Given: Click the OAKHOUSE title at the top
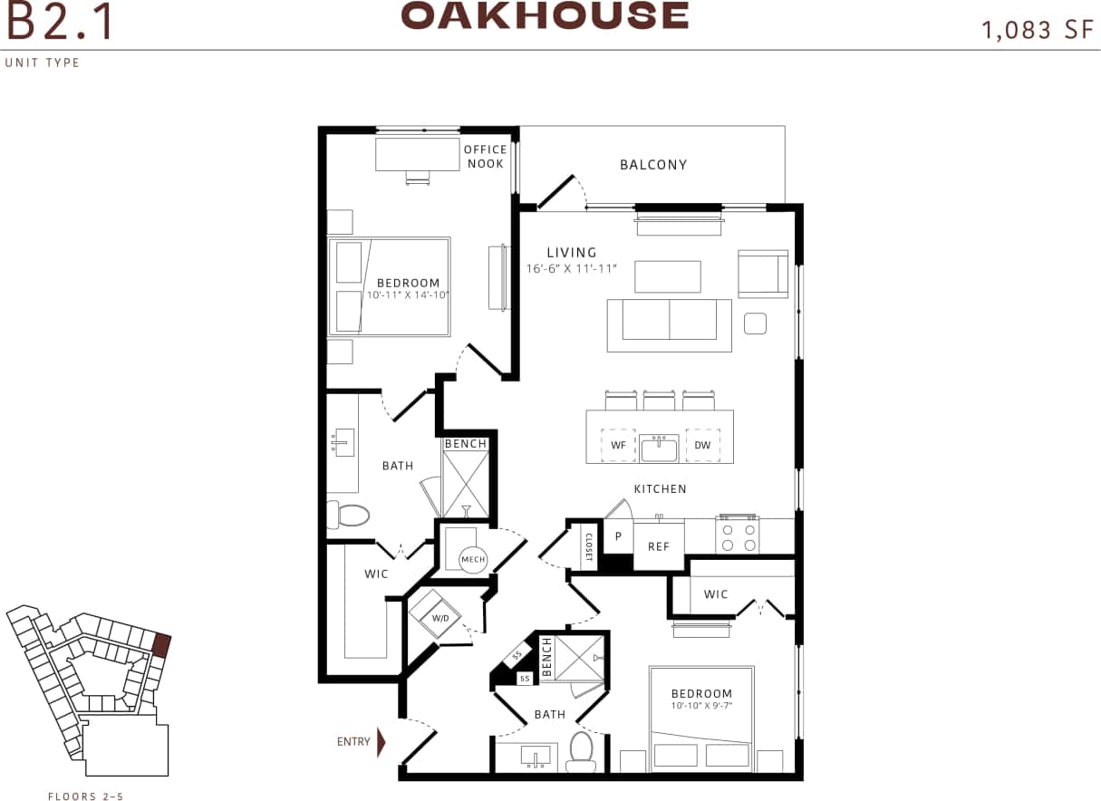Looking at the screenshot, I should click(545, 15).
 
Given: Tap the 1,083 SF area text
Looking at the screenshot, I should click(1038, 29).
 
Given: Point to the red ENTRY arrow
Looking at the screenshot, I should click(381, 741).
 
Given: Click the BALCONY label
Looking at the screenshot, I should click(653, 165).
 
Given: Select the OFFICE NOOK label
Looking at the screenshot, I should click(486, 157).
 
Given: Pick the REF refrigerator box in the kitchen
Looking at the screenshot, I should click(658, 546).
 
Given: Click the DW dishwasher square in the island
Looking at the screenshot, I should click(702, 445).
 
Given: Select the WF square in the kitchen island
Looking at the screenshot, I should click(618, 445).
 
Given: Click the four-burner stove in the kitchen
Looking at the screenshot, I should click(738, 536).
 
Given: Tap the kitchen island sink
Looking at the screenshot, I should click(660, 448).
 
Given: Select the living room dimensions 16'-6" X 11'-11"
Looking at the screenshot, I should click(571, 269).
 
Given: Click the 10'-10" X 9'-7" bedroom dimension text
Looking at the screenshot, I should click(701, 705).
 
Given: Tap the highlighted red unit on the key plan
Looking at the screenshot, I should click(161, 644).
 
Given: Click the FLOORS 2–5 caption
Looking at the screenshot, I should click(85, 796).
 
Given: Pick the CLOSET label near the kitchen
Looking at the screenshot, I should click(587, 546).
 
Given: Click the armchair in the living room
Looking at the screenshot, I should click(762, 274).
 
